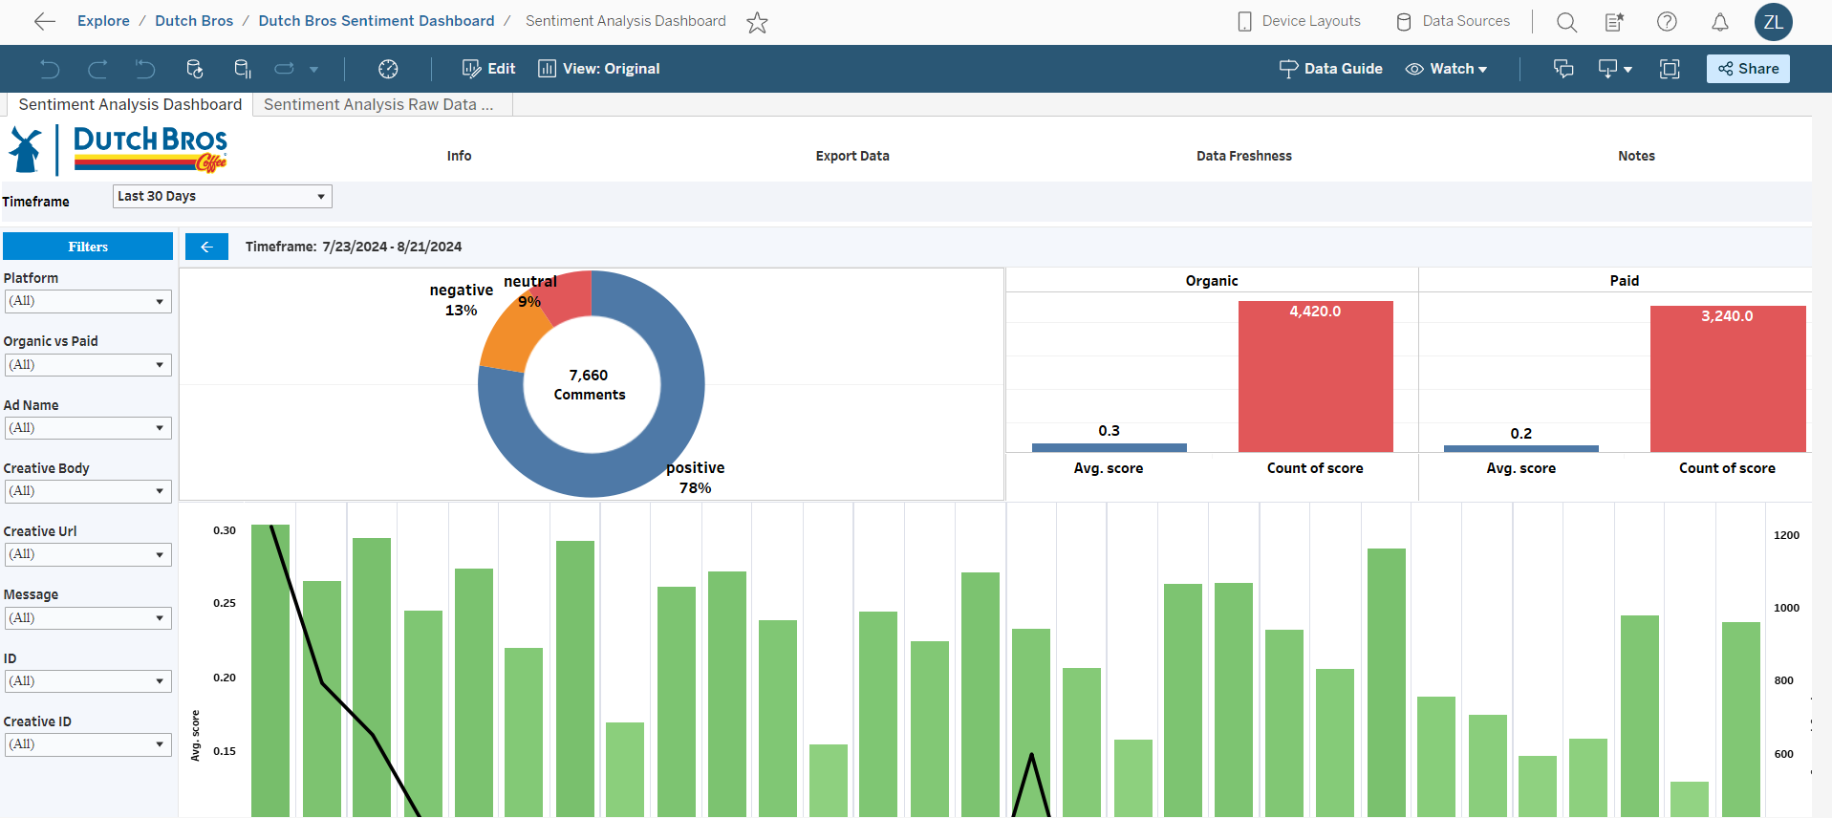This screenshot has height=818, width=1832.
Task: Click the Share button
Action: coord(1748,69)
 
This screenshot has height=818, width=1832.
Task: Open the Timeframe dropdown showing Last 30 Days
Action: coord(222,196)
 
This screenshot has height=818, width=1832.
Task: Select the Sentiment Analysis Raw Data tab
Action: coord(378,105)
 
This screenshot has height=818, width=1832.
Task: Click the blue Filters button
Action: coord(88,247)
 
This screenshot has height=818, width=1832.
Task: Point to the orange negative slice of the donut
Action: coord(511,339)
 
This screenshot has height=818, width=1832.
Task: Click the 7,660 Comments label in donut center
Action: coord(590,385)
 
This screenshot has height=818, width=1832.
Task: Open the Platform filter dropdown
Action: coord(88,301)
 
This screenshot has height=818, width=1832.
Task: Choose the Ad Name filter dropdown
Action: coord(88,428)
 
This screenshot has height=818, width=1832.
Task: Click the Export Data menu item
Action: coord(852,156)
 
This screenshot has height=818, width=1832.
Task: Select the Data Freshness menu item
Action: coord(1243,156)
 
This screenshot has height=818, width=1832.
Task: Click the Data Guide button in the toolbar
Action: coord(1331,69)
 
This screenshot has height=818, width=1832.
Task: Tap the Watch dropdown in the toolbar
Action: coord(1447,69)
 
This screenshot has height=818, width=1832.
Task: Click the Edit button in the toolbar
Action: coord(489,69)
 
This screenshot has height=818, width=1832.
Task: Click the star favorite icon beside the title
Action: coord(757,22)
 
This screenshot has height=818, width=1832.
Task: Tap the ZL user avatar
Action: coord(1773,22)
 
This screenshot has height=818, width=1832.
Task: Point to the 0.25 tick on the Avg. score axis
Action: coord(225,603)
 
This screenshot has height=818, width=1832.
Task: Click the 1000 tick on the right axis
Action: coord(1786,608)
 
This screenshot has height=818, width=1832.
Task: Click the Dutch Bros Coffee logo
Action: coord(119,150)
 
